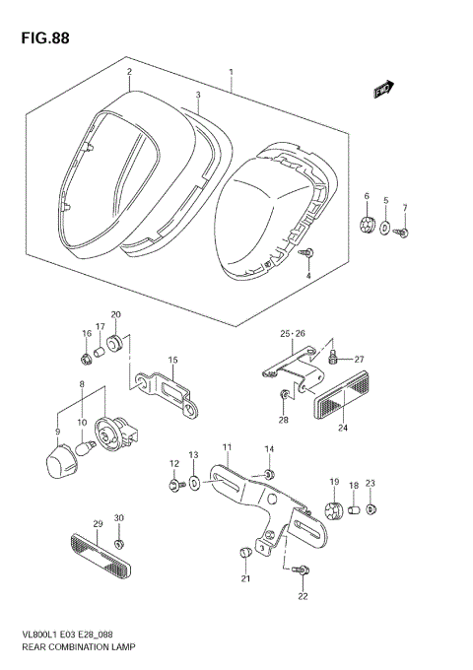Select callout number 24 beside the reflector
343,429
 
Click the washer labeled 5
386,230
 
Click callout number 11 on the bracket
226,448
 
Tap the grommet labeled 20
116,344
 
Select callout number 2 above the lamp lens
128,72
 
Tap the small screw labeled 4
307,253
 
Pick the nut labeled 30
118,544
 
